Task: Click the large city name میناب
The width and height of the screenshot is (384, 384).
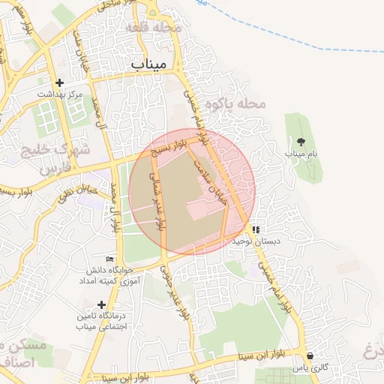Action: (148, 64)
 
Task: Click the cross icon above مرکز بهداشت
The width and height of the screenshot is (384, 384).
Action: (59, 82)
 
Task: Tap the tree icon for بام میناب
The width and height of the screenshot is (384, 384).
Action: (301, 141)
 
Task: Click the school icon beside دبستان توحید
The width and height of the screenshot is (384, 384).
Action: (256, 230)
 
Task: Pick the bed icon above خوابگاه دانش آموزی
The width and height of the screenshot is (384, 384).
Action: (110, 259)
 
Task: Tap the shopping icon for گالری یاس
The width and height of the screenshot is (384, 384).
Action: (310, 355)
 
